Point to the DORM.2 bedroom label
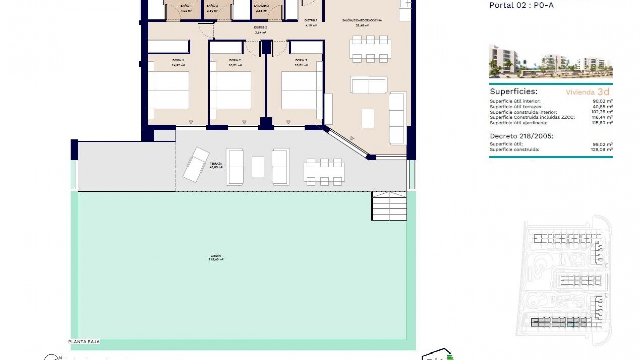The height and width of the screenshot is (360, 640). tap(235, 60)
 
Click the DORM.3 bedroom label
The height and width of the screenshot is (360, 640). tap(301, 60)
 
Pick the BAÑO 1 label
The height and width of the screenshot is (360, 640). tap(186, 6)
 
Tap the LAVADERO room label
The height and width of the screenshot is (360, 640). tap(261, 6)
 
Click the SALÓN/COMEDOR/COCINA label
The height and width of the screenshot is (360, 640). tap(362, 20)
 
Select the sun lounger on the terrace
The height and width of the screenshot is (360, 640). tap(196, 165)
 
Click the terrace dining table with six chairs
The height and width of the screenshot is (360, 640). tap(324, 172)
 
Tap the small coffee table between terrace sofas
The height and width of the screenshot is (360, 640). tap(258, 167)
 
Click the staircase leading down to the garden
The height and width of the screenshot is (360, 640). tap(389, 206)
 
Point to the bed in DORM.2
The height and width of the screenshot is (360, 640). tap(233, 90)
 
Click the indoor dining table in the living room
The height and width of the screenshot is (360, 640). tap(370, 49)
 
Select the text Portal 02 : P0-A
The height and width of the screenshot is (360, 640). tap(521, 5)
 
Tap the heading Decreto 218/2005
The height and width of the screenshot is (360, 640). tap(521, 136)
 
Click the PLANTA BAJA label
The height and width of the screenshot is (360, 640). tap(84, 342)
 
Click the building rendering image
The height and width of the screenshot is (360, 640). tap(551, 62)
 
